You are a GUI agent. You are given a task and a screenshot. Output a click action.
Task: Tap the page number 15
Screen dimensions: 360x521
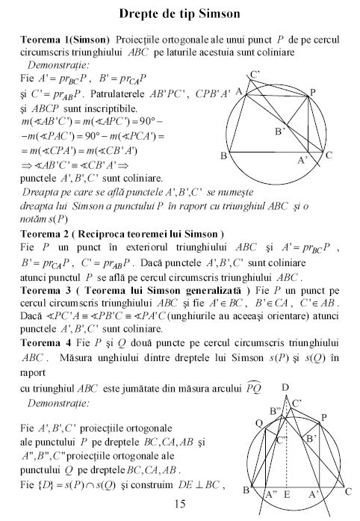tap(179, 505)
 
